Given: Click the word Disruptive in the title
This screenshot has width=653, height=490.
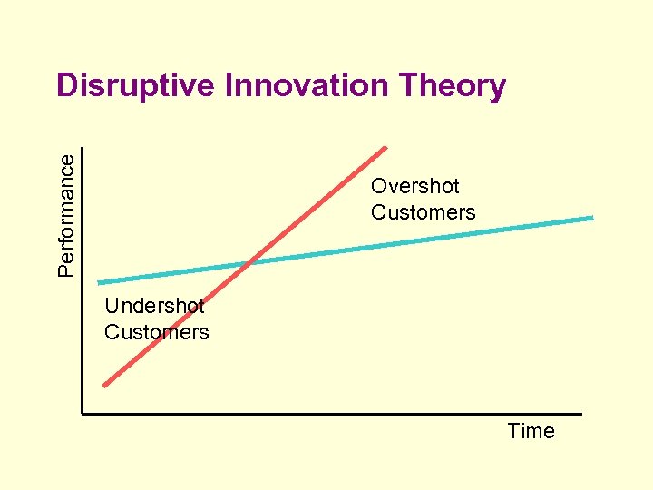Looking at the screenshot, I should pyautogui.click(x=136, y=86).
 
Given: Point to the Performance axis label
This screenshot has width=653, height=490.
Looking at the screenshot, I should pyautogui.click(x=66, y=213).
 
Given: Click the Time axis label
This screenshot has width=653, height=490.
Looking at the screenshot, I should pyautogui.click(x=531, y=431).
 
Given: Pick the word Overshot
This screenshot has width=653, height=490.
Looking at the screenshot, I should pyautogui.click(x=414, y=186).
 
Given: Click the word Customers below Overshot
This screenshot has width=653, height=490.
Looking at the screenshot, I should pyautogui.click(x=423, y=212).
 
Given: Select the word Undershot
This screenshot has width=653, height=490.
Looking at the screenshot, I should pyautogui.click(x=154, y=306).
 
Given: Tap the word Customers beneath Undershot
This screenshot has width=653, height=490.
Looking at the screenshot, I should pyautogui.click(x=156, y=332).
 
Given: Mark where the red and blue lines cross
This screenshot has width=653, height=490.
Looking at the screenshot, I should pyautogui.click(x=250, y=264).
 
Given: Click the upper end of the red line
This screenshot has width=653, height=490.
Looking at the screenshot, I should pyautogui.click(x=386, y=147).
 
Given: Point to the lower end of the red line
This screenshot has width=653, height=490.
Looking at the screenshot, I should pyautogui.click(x=104, y=386).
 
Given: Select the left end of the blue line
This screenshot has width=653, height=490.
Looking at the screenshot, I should pyautogui.click(x=99, y=282).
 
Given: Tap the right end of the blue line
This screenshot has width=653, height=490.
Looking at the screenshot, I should pyautogui.click(x=592, y=218).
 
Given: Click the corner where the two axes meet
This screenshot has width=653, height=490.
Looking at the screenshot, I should pyautogui.click(x=82, y=414).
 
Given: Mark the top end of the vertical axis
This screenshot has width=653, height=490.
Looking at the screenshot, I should pyautogui.click(x=82, y=149).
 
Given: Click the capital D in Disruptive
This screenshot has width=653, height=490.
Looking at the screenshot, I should pyautogui.click(x=66, y=86).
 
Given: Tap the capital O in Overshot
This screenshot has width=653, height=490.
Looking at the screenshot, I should pyautogui.click(x=379, y=186).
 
